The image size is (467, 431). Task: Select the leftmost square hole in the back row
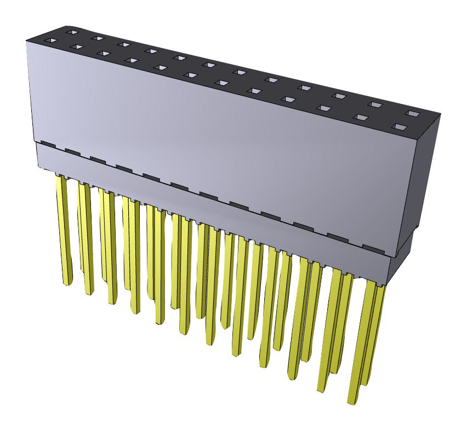(70, 33)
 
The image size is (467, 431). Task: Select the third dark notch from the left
(98, 160)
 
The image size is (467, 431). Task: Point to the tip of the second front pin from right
(323, 390)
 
